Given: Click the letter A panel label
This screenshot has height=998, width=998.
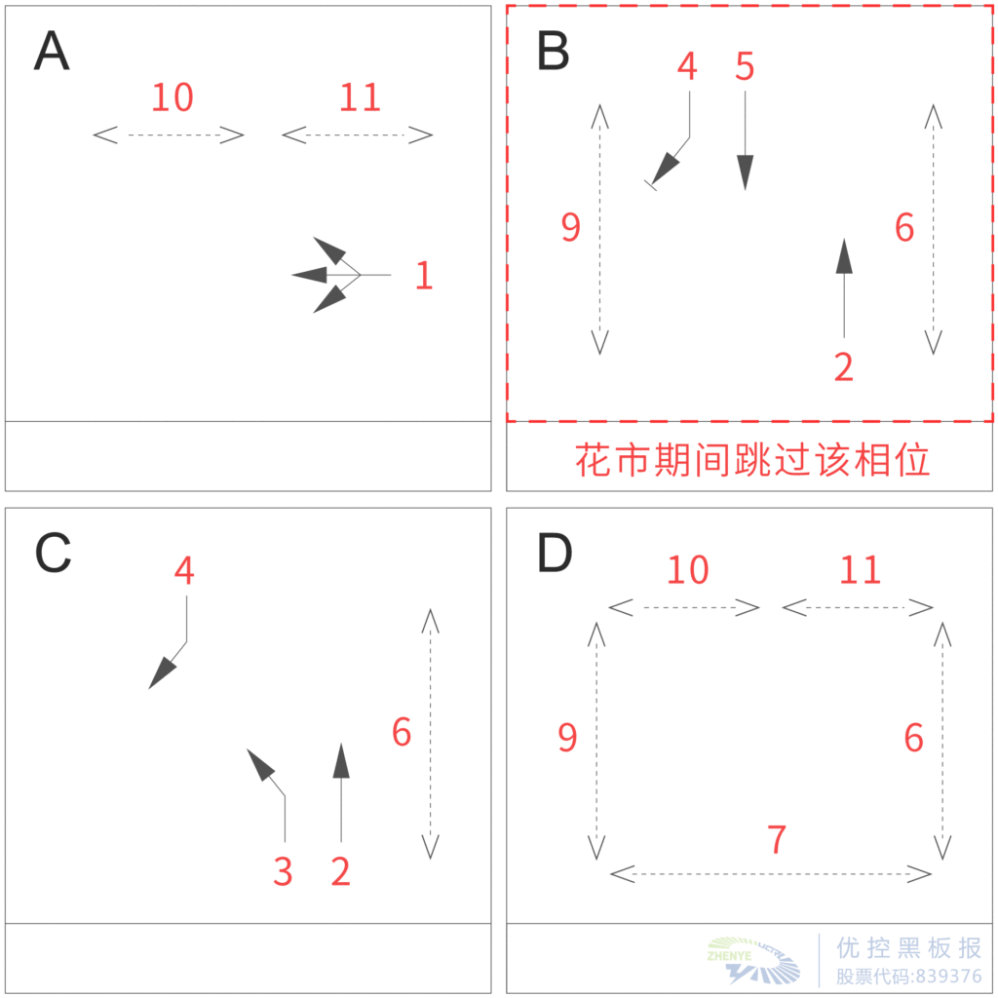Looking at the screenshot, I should point(52,52).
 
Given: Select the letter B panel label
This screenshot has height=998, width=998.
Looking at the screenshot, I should point(554,52).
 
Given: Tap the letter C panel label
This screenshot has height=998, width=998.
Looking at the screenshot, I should point(53,555).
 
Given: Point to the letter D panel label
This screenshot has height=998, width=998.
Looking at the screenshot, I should point(555,555).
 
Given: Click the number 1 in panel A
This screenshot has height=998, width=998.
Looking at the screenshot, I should point(423,276).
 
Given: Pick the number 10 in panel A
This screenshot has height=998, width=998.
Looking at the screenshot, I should point(172,97).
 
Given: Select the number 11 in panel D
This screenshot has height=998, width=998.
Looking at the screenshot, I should point(860,570).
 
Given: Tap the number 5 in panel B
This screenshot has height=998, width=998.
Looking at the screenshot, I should point(745,67).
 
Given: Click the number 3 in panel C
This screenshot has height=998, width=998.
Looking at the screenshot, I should point(283,871).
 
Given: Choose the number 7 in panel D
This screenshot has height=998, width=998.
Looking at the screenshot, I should point(776,839).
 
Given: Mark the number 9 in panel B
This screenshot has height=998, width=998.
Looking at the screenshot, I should point(571,227).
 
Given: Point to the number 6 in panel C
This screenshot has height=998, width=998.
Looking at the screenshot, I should point(402,732).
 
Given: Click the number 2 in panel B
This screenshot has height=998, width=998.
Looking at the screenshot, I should point(844,367).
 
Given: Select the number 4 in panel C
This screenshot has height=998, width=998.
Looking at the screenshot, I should point(184,571).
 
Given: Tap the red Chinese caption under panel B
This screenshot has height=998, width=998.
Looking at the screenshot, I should point(752,460).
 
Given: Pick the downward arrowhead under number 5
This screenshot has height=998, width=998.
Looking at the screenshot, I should point(745,172).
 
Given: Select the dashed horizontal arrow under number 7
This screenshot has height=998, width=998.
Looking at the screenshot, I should point(771,873).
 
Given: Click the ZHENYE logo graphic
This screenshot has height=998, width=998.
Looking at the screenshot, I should point(752,960).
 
